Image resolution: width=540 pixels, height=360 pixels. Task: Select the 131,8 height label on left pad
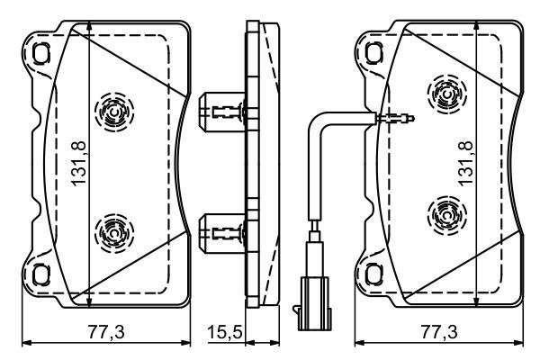78,162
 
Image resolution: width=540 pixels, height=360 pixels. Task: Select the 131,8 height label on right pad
467,162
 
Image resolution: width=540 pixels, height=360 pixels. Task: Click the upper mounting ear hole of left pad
40,54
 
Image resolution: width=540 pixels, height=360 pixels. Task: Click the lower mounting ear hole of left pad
40,272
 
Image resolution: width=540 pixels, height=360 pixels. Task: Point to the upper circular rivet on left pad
112,110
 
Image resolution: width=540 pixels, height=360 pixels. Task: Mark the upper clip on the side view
219,112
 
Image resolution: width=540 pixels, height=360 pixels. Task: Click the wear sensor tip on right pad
397,116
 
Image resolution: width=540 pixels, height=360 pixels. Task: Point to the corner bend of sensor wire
315,121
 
